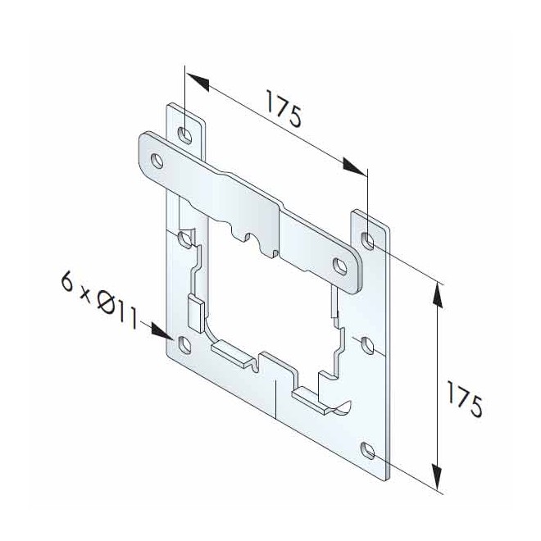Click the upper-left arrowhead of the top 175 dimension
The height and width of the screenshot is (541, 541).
(x=197, y=80)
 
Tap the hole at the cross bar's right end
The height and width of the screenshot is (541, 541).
(x=340, y=264)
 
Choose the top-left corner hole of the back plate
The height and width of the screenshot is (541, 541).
(x=186, y=133)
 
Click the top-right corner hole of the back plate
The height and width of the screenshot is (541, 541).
(x=368, y=240)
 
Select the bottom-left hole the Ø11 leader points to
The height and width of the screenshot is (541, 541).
(x=184, y=343)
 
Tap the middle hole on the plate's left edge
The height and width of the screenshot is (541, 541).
(x=185, y=239)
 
